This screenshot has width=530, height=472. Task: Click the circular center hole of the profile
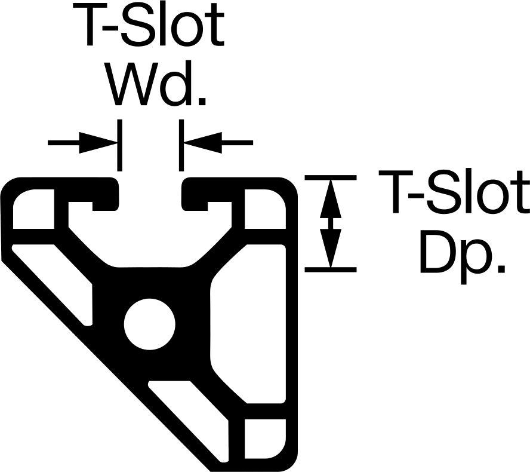coord(150,324)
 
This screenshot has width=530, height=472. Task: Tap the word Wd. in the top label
coord(157,84)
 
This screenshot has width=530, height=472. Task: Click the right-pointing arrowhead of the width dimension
coord(98,142)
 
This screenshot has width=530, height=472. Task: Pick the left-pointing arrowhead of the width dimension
coord(203,142)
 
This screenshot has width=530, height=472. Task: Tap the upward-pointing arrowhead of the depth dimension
coord(331,199)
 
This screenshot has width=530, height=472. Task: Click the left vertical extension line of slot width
coord(119,145)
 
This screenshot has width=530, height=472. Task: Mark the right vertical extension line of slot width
coord(181,145)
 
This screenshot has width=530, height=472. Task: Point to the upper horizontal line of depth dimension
coord(331,177)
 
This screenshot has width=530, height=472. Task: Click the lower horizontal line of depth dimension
coord(331,269)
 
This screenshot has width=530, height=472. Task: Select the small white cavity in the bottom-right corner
coord(264,439)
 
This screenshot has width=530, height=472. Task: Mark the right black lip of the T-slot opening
coord(195,194)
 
